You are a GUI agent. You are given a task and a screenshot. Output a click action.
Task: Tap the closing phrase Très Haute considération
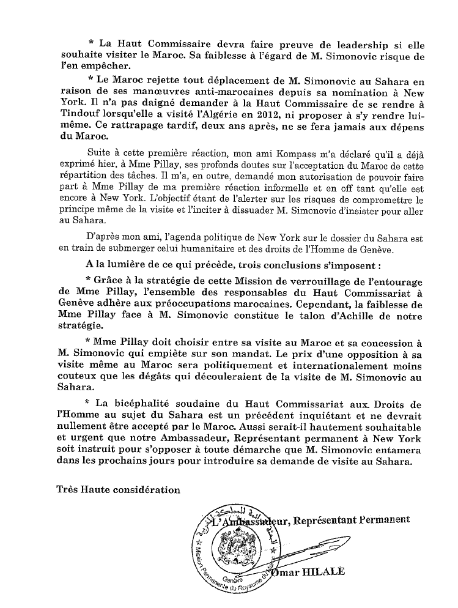pyautogui.click(x=118, y=489)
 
